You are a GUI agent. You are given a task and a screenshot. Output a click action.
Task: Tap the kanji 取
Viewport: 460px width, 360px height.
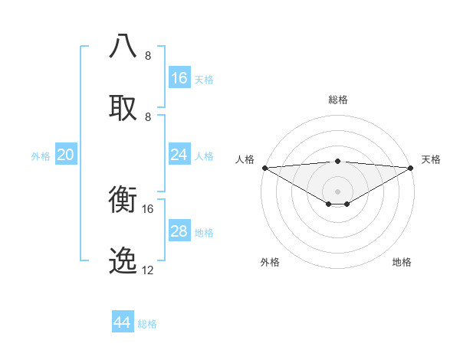123,107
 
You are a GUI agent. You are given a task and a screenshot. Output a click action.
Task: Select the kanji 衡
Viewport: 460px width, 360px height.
123,199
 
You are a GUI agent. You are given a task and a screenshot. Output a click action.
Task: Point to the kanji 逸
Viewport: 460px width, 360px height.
123,261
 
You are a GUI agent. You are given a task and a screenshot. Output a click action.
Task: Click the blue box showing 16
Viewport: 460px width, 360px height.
179,78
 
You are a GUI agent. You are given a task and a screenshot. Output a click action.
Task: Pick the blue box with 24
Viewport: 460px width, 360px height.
179,155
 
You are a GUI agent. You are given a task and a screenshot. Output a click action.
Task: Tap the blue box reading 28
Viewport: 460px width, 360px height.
179,231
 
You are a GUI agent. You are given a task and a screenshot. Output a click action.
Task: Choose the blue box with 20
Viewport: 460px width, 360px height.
65,155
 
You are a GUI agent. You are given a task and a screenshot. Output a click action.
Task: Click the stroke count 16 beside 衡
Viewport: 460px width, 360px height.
148,208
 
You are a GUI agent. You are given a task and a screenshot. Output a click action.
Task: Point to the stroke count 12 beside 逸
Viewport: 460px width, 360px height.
148,270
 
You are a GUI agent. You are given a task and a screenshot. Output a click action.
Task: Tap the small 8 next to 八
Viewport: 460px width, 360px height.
148,56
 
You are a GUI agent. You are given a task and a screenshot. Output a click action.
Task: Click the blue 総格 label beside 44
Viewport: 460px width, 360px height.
147,324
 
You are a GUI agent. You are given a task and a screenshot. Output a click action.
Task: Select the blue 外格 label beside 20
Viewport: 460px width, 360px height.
41,156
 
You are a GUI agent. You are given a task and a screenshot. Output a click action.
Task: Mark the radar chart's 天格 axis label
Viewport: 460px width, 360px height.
431,159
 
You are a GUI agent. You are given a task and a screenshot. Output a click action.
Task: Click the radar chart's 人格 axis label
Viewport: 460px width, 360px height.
245,159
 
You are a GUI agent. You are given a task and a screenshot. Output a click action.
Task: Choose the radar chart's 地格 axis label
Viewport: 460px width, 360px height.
402,262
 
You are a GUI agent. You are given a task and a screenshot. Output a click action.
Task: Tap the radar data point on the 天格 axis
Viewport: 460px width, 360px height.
411,168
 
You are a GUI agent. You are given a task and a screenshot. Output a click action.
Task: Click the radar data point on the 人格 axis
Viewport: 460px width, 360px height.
264,168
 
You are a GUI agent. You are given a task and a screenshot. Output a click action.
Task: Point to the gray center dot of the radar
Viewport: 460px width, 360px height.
337,191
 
